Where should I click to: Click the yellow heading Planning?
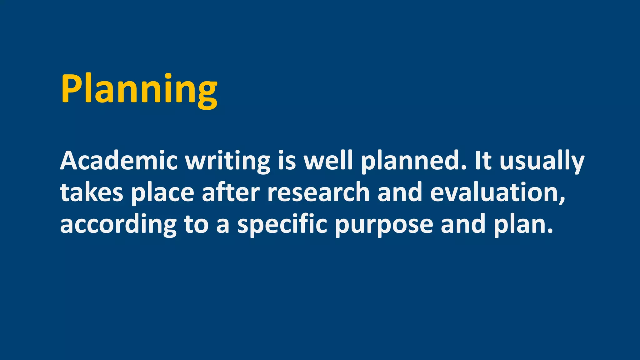[139, 89]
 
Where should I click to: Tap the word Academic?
[119, 161]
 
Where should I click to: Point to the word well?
[328, 161]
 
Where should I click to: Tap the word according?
[118, 225]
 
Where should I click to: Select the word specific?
[282, 225]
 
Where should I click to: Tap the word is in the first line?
[287, 161]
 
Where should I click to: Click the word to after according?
[196, 225]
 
